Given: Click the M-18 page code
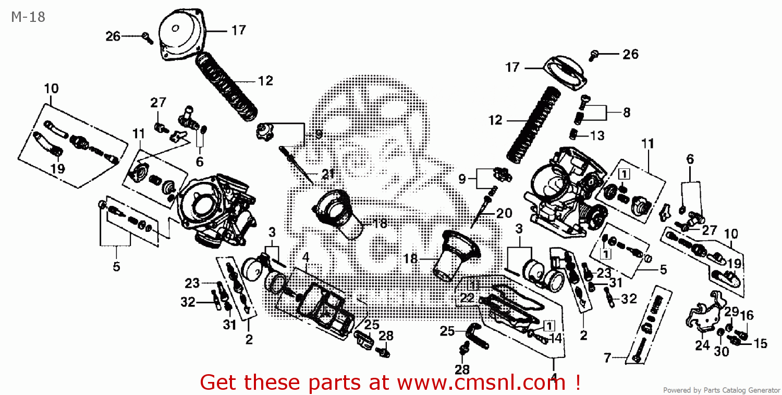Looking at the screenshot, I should pos(28,17).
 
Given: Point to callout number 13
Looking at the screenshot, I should pos(597,135).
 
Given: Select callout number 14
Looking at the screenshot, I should pos(555,338).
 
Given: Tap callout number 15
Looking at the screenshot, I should pos(760,343).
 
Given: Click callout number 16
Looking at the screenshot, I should pos(747,315).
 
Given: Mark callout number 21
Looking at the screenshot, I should pos(328,175).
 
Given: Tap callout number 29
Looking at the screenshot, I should pos(731,312).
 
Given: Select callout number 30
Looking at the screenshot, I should pos(721,352).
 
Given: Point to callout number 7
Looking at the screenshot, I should pos(607,358).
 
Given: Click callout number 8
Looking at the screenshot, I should pos(626,112).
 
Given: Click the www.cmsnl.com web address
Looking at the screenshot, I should pos(481,382).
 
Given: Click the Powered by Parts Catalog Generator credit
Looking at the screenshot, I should pos(720,390).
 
